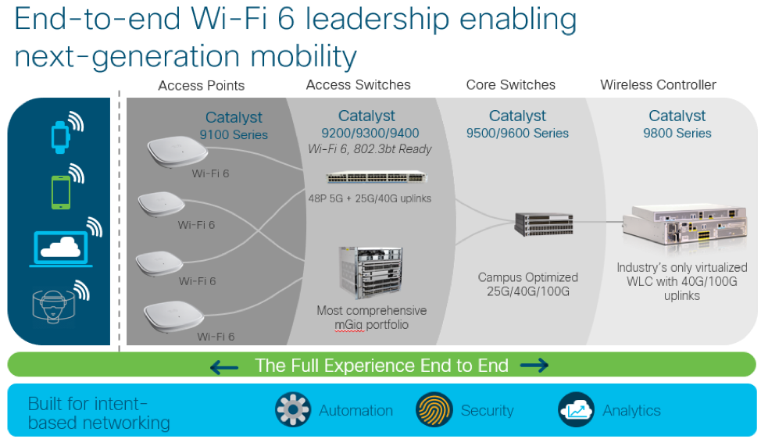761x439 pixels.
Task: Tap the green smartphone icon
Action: point(60,191)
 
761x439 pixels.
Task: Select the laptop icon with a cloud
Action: point(60,248)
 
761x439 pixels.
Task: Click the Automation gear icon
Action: point(293,410)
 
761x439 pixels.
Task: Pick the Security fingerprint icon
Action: point(434,410)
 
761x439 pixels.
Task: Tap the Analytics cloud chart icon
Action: point(576,410)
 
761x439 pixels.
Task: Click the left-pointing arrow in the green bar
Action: point(224,366)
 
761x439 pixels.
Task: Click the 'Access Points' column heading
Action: point(201,85)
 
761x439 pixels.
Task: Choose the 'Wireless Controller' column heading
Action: point(658,84)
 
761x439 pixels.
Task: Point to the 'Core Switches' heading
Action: point(510,84)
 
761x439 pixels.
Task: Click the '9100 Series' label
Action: point(234,134)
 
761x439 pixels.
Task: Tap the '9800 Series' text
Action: point(677,133)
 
